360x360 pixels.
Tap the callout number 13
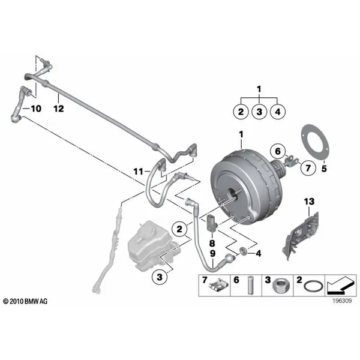coord(309,202)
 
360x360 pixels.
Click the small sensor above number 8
coord(212,223)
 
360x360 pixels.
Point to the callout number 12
coord(59,109)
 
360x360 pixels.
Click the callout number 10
coord(36,109)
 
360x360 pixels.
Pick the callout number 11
coord(138,171)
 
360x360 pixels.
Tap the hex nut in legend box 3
coord(281,287)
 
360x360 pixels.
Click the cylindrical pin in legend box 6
coord(250,286)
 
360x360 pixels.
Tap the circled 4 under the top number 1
coord(278,112)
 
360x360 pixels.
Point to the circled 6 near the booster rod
coord(278,151)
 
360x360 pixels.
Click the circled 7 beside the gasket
coord(308,168)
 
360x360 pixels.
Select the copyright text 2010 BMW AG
coord(25,301)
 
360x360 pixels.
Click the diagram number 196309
coord(342,301)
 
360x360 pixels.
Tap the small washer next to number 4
coord(243,251)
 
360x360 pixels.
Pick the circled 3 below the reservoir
coord(160,277)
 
